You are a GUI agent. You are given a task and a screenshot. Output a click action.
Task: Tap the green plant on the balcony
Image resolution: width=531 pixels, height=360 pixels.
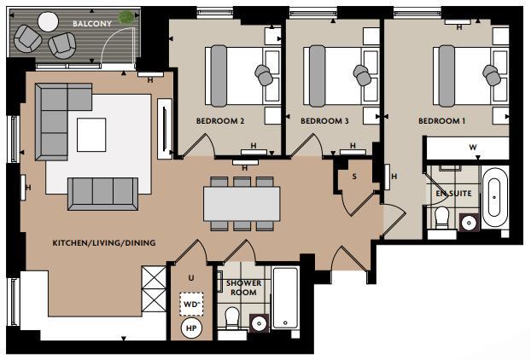click(126, 16)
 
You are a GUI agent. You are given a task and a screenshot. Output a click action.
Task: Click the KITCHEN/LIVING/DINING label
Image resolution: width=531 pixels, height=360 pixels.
click(104, 243)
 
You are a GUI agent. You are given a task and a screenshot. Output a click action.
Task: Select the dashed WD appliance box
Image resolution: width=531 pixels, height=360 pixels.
click(190, 303)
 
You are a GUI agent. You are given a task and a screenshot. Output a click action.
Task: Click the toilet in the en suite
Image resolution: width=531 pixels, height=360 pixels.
click(441, 218)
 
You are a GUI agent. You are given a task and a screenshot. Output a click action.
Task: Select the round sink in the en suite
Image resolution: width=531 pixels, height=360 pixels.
click(468, 224)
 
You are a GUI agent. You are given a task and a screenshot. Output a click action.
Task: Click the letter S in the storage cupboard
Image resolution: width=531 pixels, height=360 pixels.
click(354, 177)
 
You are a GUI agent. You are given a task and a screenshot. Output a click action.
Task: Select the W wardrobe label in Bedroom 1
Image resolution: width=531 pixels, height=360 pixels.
click(472, 148)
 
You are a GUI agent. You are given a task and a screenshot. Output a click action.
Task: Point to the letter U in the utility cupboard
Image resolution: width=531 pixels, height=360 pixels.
click(190, 277)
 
